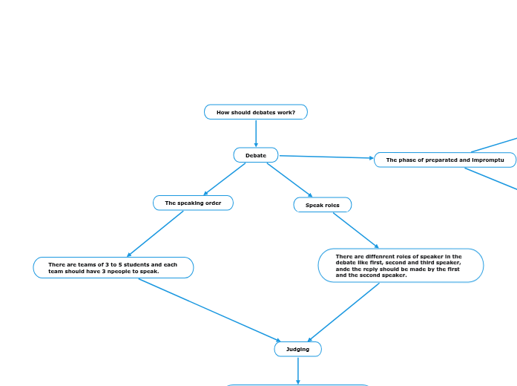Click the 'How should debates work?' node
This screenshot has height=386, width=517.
(256, 112)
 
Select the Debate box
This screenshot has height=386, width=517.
(256, 155)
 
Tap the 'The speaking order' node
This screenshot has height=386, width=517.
(193, 203)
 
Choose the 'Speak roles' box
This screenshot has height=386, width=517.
(323, 205)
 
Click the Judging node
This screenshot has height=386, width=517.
(298, 349)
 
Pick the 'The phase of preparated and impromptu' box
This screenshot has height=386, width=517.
(445, 160)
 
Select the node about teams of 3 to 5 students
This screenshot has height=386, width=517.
(113, 268)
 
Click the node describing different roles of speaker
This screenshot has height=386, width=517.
(401, 266)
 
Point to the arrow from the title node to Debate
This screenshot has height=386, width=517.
(256, 134)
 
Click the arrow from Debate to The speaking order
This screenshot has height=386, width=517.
(224, 179)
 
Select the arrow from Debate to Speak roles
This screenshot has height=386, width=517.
(289, 180)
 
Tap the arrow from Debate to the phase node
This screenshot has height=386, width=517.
(326, 157)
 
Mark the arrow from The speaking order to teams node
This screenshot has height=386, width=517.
(156, 234)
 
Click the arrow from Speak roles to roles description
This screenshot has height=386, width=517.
(356, 231)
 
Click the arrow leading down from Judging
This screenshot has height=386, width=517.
(298, 370)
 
